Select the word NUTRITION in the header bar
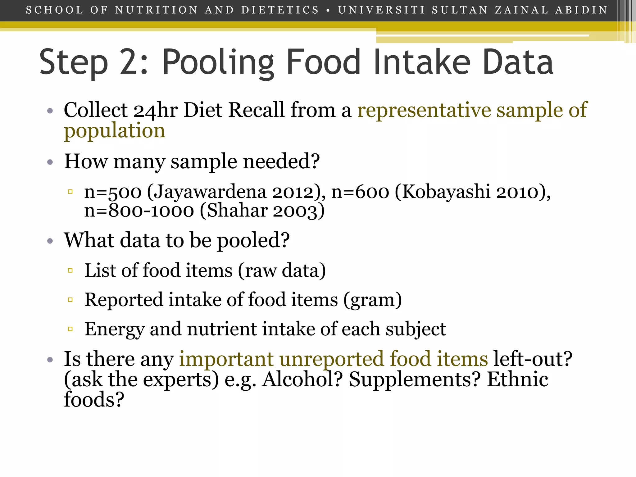tap(157, 10)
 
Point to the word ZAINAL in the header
tap(522, 10)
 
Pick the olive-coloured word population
tap(115, 130)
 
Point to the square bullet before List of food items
tap(70, 270)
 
